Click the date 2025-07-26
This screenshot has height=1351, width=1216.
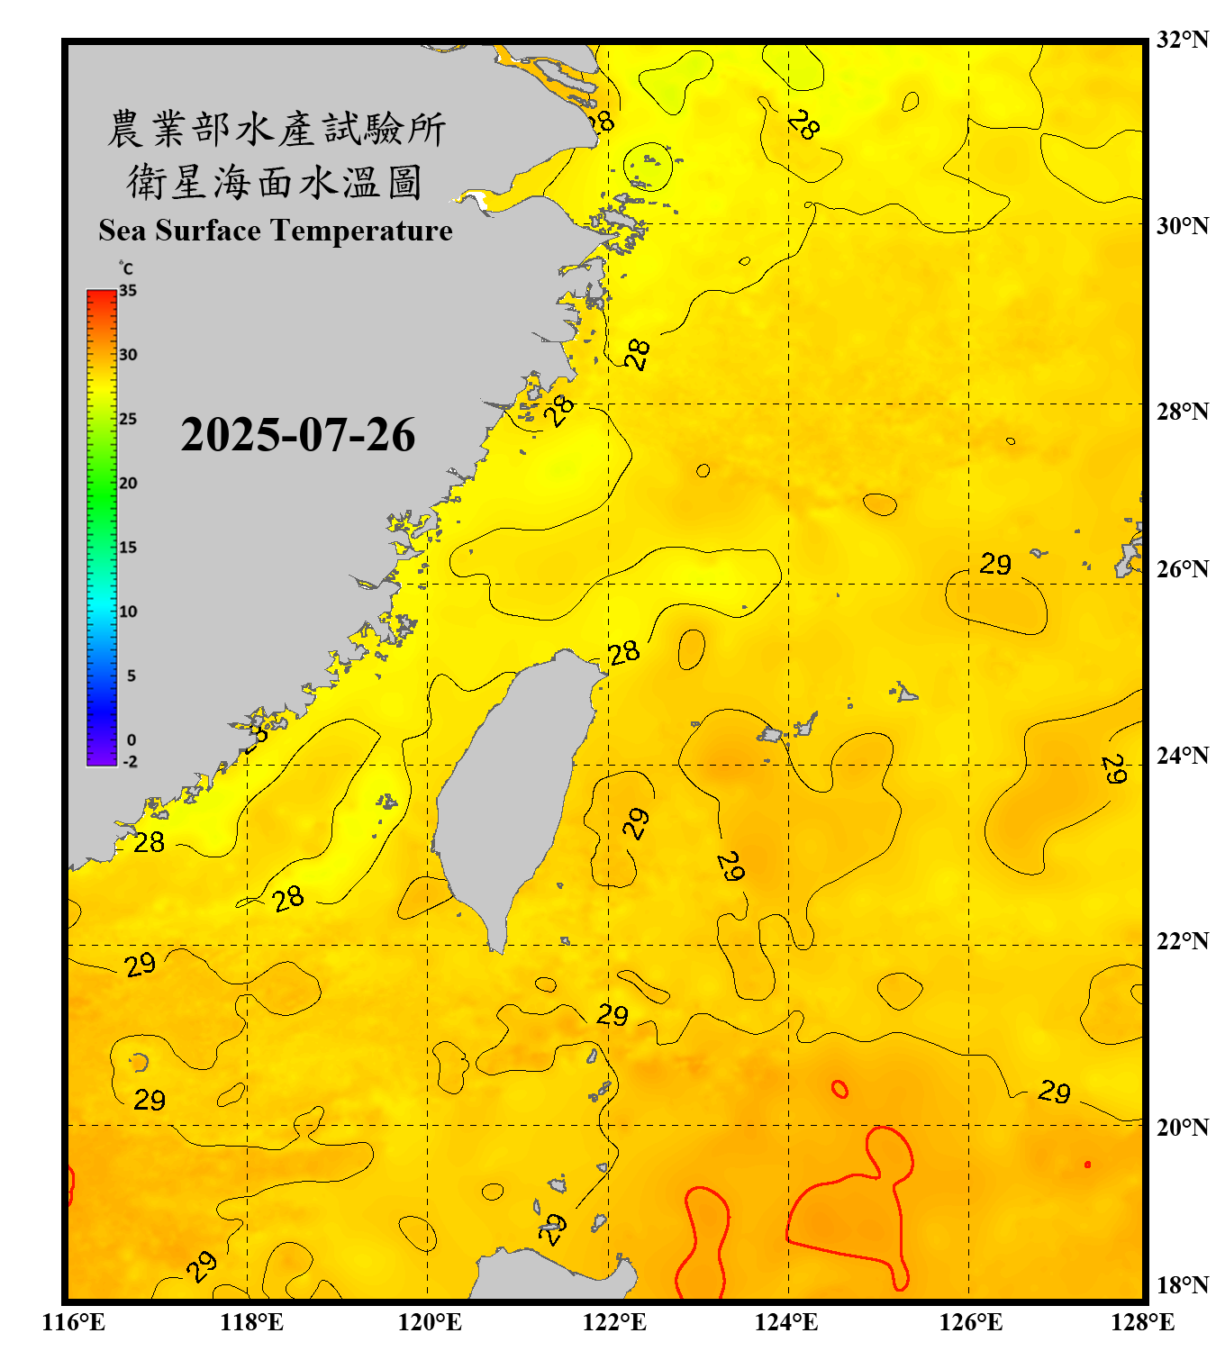point(297,434)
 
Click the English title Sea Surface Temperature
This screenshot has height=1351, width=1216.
point(276,231)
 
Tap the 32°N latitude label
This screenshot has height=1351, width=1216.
point(1182,40)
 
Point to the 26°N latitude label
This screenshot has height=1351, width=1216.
point(1182,569)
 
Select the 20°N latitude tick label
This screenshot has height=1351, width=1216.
point(1182,1127)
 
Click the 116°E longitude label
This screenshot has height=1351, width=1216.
point(74,1322)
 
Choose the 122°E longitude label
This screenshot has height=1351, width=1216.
point(614,1322)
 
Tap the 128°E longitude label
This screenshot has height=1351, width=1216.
point(1142,1322)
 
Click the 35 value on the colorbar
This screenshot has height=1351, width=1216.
point(128,291)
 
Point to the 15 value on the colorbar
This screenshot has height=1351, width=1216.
point(128,548)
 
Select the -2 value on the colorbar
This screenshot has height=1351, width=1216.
point(130,762)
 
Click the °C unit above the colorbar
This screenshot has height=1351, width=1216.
point(126,268)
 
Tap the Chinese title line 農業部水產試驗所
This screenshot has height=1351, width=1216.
point(277,129)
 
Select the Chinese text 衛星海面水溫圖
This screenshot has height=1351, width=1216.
point(275,182)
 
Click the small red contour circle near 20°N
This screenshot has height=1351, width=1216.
point(839,1090)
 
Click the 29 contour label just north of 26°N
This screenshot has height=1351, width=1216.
point(995,565)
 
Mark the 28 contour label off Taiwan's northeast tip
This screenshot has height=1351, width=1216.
point(623,653)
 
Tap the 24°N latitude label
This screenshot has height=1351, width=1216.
point(1182,755)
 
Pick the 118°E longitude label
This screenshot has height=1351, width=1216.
point(251,1322)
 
